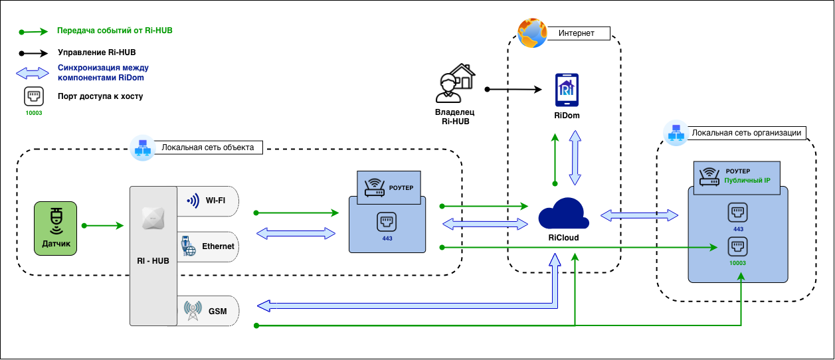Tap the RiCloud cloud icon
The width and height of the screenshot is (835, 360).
click(x=563, y=213)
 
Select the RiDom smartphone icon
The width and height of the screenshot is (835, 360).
click(x=567, y=90)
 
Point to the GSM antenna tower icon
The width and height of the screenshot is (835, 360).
click(x=193, y=311)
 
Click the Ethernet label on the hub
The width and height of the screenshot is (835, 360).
click(x=218, y=246)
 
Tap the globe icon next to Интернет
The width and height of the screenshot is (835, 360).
click(x=531, y=33)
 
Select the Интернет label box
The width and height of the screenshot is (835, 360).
click(x=576, y=33)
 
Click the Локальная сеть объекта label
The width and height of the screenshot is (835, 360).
click(x=207, y=147)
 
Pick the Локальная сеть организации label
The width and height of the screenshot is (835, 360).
click(x=745, y=133)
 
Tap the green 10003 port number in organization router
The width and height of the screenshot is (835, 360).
click(x=738, y=263)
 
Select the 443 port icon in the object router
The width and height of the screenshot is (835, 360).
click(x=387, y=221)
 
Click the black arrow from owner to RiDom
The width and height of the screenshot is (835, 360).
click(x=514, y=88)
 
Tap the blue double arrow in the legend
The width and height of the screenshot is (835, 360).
click(x=32, y=72)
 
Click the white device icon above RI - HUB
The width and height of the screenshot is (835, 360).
click(x=153, y=219)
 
